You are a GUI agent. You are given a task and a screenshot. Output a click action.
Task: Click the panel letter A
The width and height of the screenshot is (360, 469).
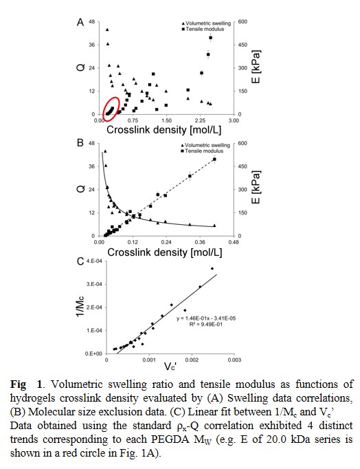pos(80,22)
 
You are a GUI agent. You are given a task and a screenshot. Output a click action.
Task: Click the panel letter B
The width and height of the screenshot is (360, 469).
pos(80,142)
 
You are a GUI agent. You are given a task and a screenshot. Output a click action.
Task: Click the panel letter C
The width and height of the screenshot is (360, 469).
pos(80,261)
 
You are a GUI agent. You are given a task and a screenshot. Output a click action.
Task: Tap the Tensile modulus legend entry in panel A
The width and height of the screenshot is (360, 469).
pos(203,29)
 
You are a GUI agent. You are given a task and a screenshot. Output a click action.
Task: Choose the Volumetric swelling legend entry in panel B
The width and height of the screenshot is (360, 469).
pos(205,145)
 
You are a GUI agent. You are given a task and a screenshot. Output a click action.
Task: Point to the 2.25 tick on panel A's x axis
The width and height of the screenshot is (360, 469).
pos(200,120)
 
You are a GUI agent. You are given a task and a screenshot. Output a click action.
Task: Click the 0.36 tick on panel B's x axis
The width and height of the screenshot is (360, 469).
pos(200,242)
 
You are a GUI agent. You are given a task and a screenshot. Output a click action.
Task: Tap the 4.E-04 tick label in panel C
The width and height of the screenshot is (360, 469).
pos(94,261)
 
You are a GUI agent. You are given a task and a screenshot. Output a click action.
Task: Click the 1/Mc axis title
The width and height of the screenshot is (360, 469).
pos(80,307)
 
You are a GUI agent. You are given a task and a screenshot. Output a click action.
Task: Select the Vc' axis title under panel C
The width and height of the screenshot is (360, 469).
pos(170,366)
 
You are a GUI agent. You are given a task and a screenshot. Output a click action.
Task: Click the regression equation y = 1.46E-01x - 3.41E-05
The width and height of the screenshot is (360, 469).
pos(206,318)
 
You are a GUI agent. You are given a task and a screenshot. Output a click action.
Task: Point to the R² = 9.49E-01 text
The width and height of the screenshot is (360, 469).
pos(206,324)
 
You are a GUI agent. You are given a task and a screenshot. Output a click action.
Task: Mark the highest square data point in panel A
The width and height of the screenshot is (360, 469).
pos(211,38)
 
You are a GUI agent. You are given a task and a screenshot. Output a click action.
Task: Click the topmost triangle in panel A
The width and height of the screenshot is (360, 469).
pos(107,30)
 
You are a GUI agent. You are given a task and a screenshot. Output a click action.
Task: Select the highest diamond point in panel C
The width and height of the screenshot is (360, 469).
pos(212,269)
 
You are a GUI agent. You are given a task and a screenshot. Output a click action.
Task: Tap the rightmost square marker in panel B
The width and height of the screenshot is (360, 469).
pos(214,159)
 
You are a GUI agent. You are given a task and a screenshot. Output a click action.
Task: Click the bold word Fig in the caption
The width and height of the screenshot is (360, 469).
pos(19,384)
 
